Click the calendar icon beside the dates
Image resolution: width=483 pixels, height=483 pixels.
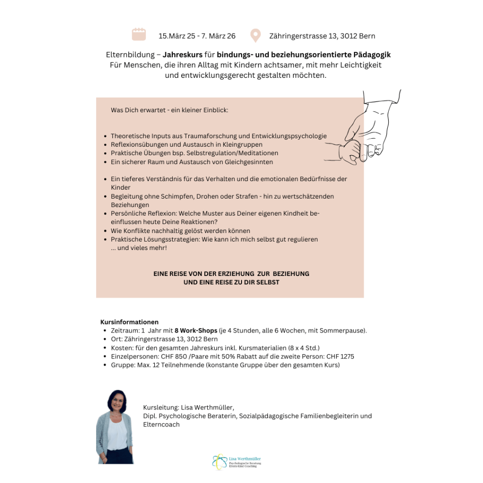[x=139, y=34]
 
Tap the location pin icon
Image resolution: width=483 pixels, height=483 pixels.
[x=255, y=35]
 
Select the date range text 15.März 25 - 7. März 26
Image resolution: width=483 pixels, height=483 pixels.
[x=197, y=36]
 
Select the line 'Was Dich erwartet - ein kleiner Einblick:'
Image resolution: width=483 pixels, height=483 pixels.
[x=169, y=110]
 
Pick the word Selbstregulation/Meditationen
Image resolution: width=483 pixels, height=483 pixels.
[x=229, y=153]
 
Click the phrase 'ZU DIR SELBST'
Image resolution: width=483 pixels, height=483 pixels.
[x=258, y=282]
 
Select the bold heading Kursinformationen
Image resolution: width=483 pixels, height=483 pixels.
[x=129, y=322]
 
